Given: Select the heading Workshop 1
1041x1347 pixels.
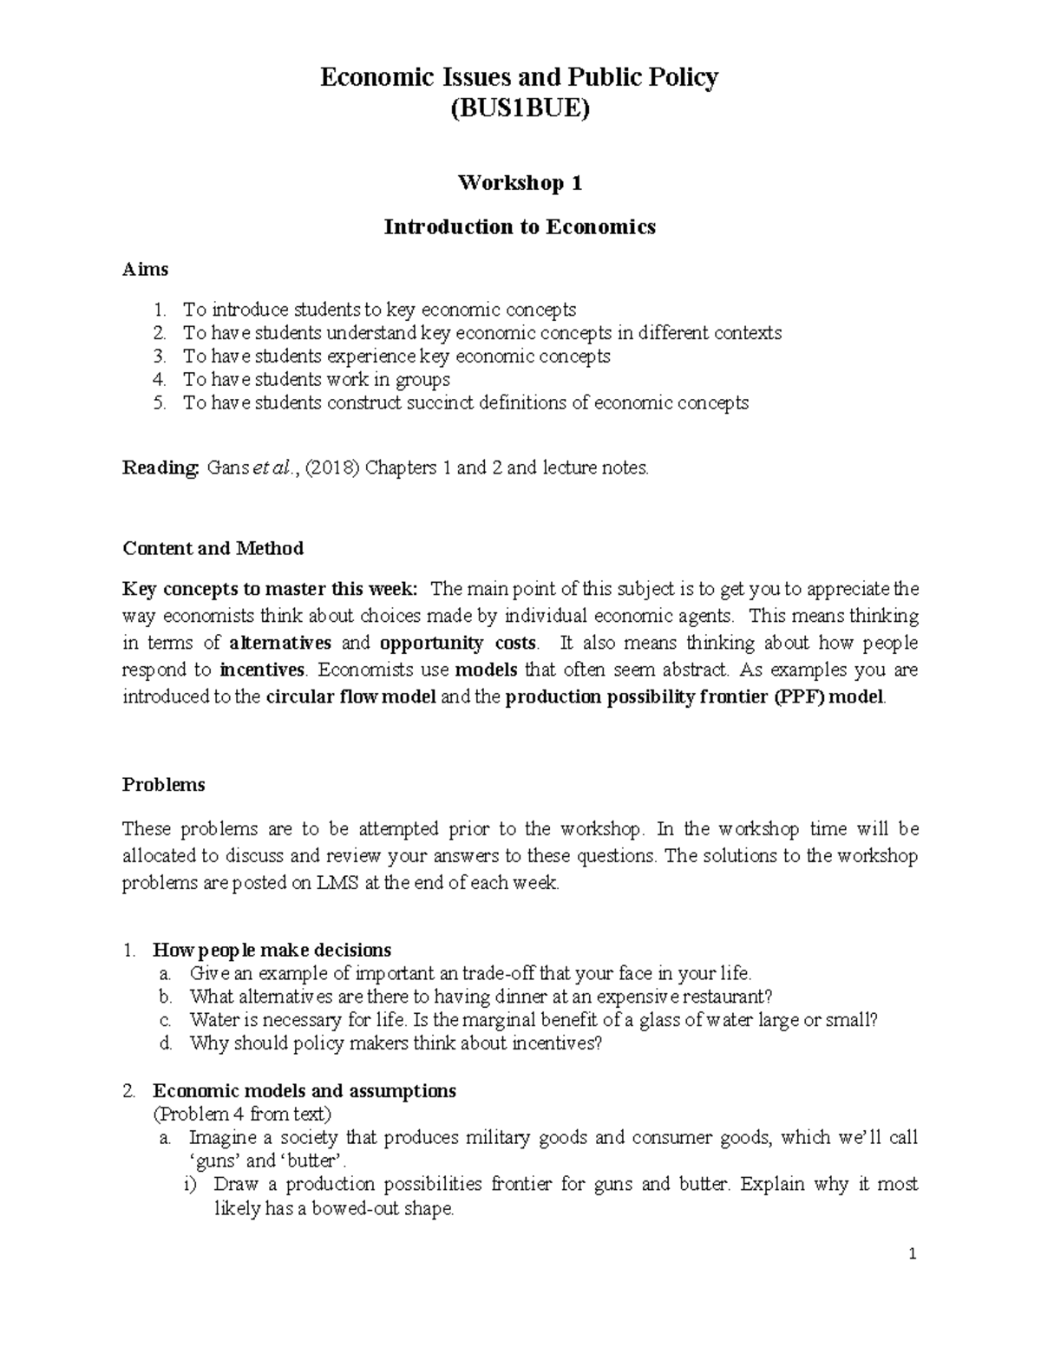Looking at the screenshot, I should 520,183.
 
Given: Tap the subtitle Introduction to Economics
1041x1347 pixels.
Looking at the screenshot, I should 520,227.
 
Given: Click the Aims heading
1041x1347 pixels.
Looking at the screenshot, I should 145,269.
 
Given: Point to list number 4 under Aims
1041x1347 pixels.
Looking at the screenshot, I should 158,380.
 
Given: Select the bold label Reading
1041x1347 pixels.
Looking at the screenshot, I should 160,468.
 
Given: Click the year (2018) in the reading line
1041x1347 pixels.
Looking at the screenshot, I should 333,468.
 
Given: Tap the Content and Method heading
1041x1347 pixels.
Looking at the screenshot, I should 213,548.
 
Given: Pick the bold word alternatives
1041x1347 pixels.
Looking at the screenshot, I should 280,644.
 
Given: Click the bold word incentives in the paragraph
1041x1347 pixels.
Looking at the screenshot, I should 262,670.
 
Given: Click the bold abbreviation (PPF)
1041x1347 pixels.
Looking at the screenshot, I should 798,697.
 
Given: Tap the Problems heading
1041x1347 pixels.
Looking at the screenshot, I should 163,784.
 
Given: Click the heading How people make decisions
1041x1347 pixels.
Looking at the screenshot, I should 272,950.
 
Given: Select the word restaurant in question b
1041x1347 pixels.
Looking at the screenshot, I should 730,997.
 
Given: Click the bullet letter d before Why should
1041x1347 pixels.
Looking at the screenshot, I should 167,1043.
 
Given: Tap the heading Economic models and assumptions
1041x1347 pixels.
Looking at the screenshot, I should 304,1090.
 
